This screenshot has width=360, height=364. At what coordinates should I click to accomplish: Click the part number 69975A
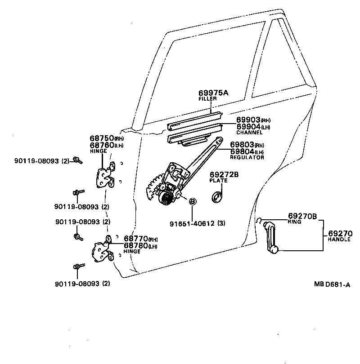pos(214,93)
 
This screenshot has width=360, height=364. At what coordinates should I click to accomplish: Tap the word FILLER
pos(207,98)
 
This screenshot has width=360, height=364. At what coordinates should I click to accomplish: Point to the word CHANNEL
pos(249,133)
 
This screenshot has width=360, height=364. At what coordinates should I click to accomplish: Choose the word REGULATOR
pos(247,157)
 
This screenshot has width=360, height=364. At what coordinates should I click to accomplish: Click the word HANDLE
pos(338,240)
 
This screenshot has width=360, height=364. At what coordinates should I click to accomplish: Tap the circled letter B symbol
pos(192,202)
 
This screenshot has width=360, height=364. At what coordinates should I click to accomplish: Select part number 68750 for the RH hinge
pos(102,138)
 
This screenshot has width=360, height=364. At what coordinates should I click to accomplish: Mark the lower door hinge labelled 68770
pos(102,252)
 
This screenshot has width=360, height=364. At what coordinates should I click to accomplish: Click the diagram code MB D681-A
pos(332,284)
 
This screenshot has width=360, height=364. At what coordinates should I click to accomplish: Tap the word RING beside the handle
pos(294,222)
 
